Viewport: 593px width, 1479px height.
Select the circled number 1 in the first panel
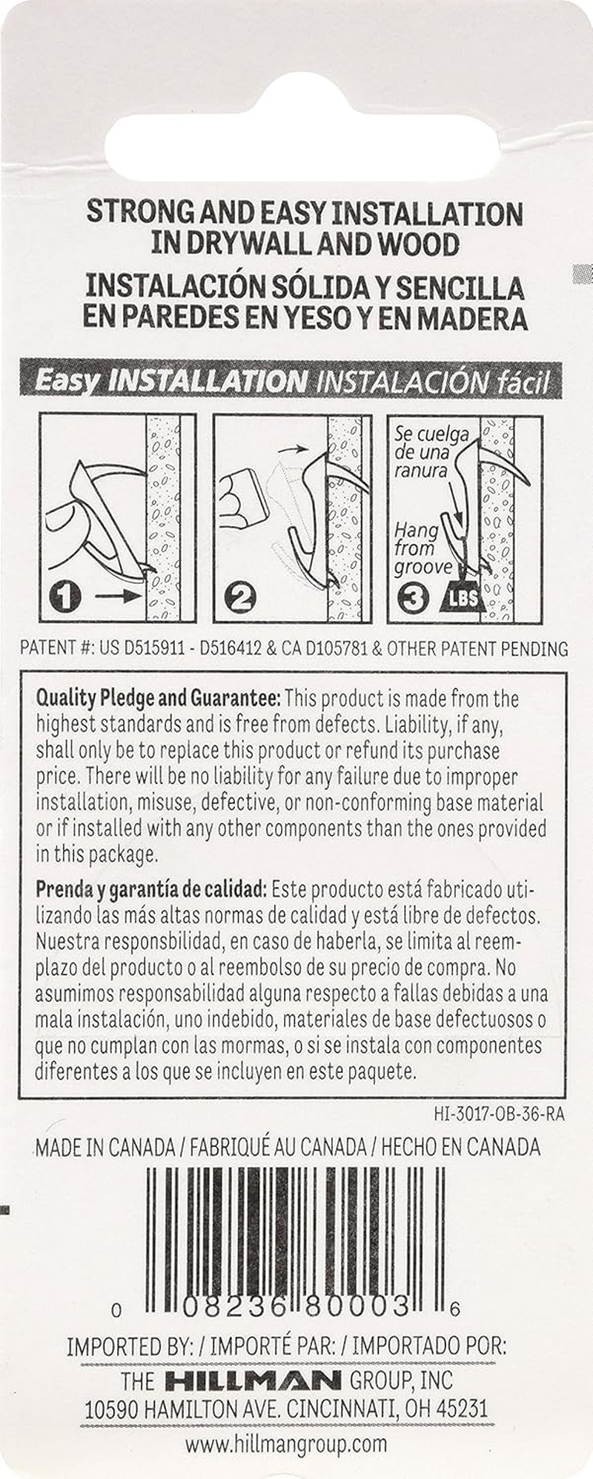tap(66, 595)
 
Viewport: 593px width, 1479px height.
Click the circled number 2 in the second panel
tap(240, 596)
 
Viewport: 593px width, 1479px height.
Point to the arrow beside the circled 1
tap(116, 594)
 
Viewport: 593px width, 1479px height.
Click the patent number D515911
tap(144, 649)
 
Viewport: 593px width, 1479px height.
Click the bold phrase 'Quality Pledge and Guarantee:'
tap(159, 698)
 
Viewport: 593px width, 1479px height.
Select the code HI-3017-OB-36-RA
tap(499, 1114)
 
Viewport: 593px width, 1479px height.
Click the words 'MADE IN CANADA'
tap(105, 1148)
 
